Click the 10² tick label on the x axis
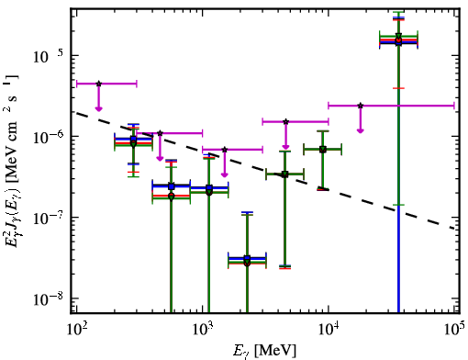pyautogui.click(x=76, y=329)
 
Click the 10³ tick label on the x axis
pyautogui.click(x=202, y=329)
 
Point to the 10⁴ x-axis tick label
pyautogui.click(x=329, y=329)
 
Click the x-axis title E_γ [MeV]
pyautogui.click(x=264, y=351)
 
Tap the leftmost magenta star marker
pyautogui.click(x=98, y=84)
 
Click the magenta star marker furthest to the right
pyautogui.click(x=361, y=106)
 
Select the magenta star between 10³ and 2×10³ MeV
pyautogui.click(x=225, y=150)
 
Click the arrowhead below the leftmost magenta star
pyautogui.click(x=98, y=108)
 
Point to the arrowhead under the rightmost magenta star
pyautogui.click(x=361, y=130)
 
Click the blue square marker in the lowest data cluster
pyautogui.click(x=247, y=258)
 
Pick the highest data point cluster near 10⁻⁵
pyautogui.click(x=398, y=39)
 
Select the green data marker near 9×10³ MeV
pyautogui.click(x=322, y=150)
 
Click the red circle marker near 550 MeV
pyautogui.click(x=172, y=196)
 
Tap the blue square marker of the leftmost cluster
pyautogui.click(x=133, y=139)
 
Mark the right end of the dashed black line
pyautogui.click(x=454, y=229)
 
